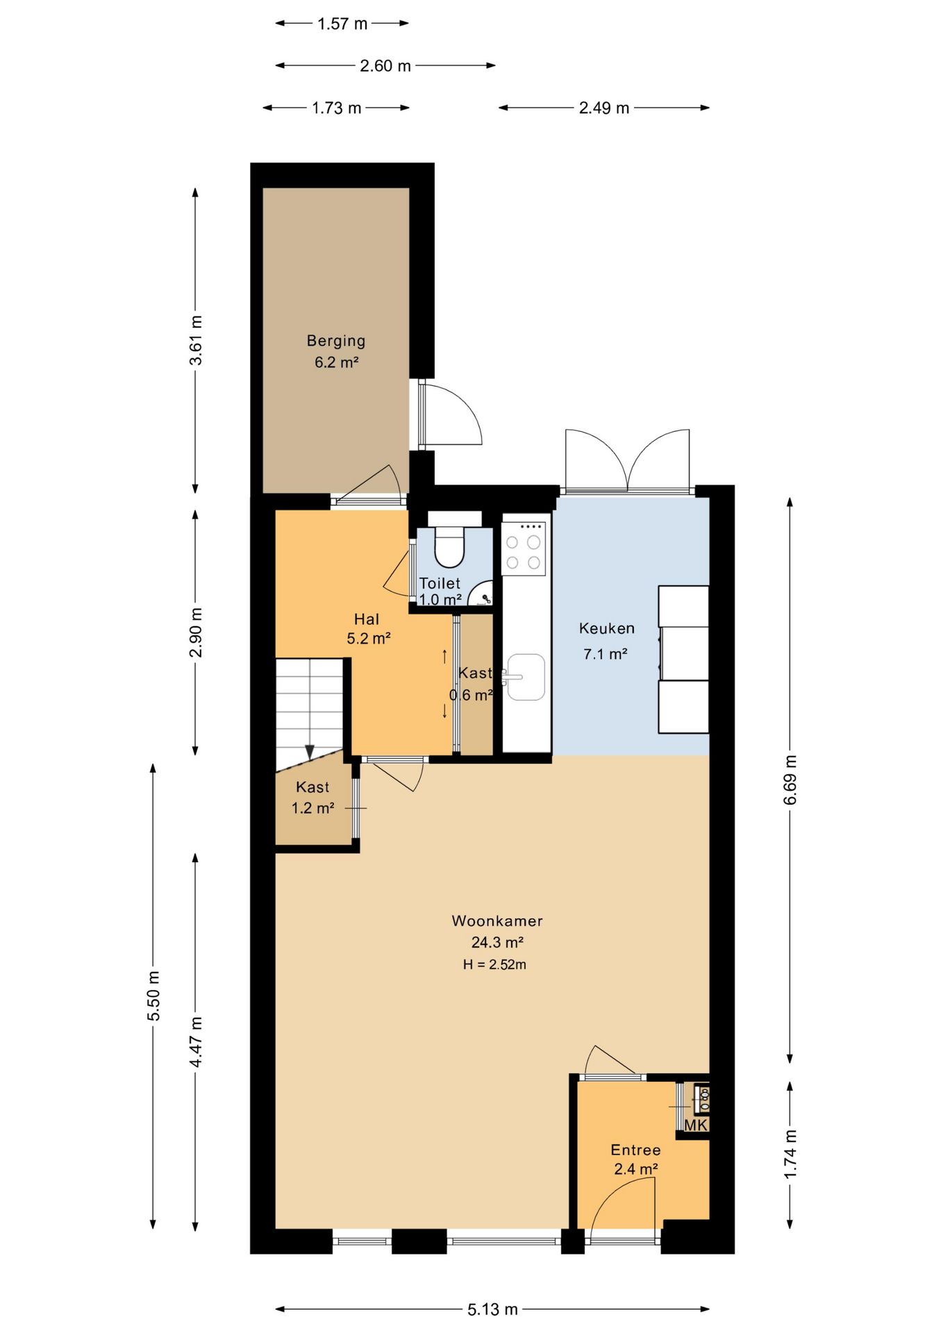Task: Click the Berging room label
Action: click(336, 341)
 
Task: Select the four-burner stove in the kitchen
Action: click(524, 549)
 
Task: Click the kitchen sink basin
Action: click(526, 677)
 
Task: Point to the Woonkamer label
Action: click(497, 921)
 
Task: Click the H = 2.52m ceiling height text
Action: click(494, 964)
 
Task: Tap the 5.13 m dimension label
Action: click(492, 1309)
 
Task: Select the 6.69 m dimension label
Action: click(790, 780)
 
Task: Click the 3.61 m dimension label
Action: click(197, 340)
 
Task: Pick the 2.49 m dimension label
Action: click(604, 108)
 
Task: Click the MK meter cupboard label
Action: click(696, 1125)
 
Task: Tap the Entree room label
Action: click(635, 1150)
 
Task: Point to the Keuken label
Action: click(607, 628)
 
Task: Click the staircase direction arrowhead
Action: click(310, 752)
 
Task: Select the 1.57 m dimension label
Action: click(342, 24)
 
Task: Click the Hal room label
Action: click(367, 619)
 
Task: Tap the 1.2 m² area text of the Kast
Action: click(313, 808)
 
